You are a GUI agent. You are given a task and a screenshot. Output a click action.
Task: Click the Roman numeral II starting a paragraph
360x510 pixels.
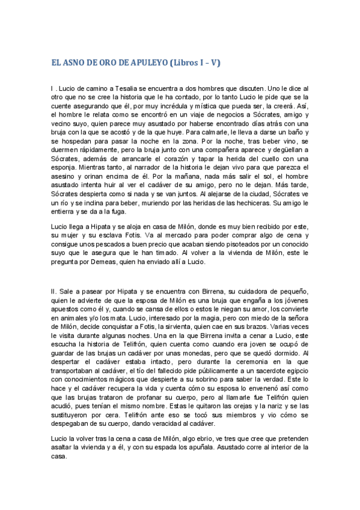pos(53,291)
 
